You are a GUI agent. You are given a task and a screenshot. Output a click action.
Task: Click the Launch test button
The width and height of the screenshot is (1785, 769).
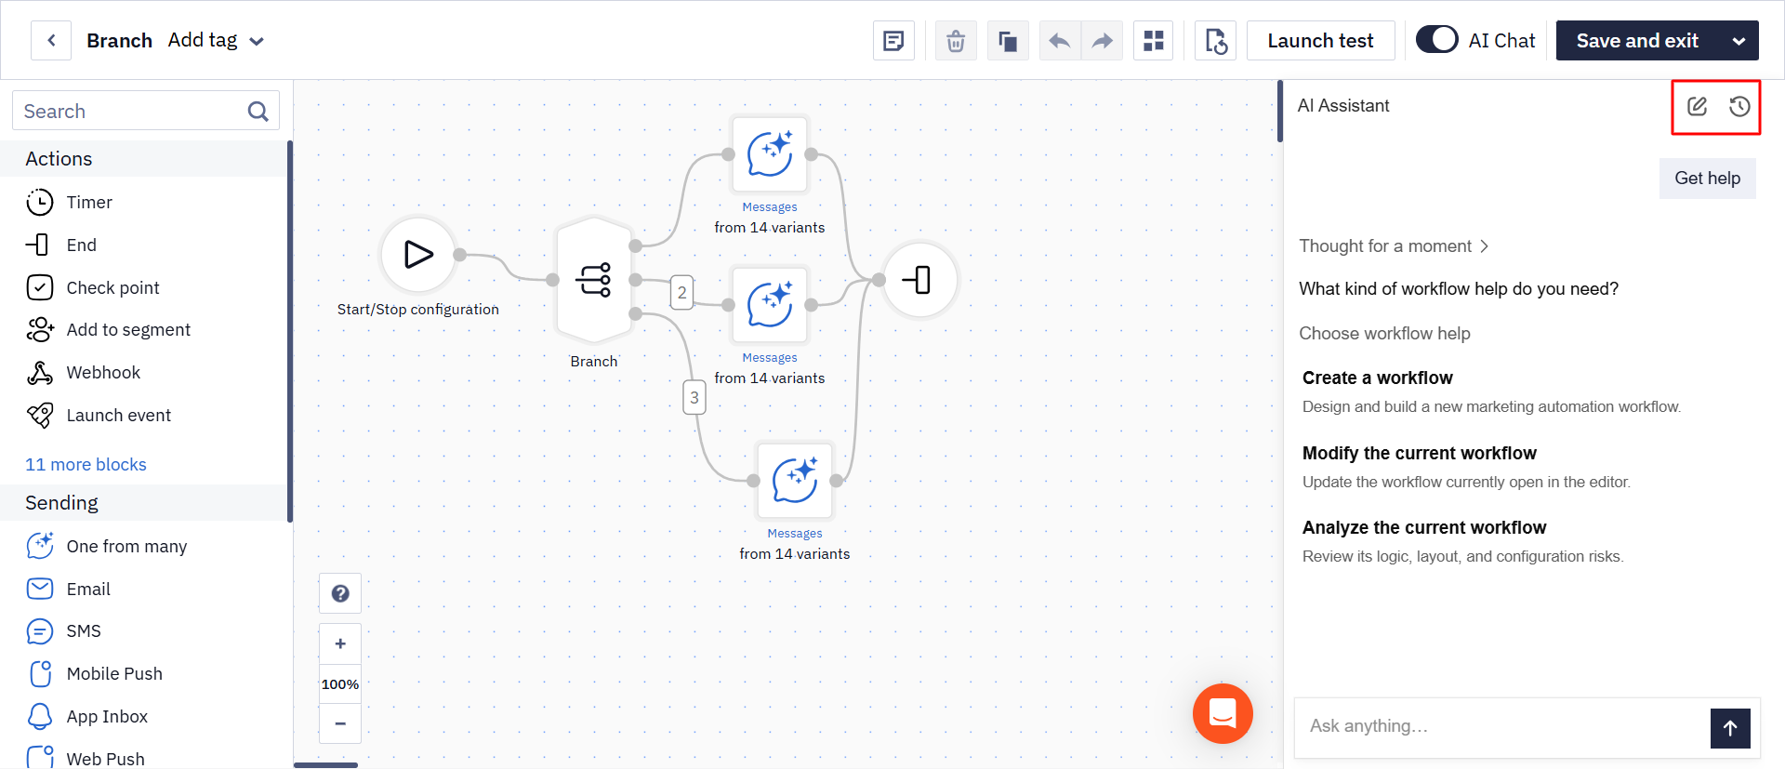(x=1320, y=41)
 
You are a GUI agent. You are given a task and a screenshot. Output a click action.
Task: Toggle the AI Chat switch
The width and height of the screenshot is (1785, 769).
(x=1436, y=40)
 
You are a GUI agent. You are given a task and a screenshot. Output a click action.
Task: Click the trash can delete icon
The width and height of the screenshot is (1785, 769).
(x=956, y=41)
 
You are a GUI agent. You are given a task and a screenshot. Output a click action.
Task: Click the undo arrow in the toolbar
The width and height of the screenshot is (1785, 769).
(x=1059, y=41)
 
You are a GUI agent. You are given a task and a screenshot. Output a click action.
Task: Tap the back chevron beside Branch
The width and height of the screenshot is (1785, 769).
(x=51, y=41)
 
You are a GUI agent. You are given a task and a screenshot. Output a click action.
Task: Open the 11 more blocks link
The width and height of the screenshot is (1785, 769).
(x=86, y=464)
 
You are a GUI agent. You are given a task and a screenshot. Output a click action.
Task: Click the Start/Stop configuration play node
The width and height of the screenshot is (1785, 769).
(x=418, y=255)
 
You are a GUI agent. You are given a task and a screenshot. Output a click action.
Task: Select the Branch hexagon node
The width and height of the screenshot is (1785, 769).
(x=594, y=280)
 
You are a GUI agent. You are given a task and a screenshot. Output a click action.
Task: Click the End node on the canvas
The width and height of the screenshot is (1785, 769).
(x=919, y=280)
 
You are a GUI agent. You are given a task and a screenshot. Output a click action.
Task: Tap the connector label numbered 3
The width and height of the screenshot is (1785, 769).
(x=694, y=397)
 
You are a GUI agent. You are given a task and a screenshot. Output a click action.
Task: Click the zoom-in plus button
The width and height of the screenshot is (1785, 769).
(x=340, y=643)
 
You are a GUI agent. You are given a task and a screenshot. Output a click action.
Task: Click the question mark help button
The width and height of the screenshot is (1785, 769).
(x=340, y=593)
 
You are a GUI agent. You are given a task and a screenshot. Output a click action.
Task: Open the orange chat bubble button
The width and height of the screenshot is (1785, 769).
(x=1223, y=713)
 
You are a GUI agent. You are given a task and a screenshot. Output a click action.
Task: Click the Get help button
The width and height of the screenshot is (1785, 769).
(x=1707, y=179)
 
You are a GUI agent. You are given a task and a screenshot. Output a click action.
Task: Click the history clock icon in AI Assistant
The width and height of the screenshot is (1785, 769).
(x=1739, y=106)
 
